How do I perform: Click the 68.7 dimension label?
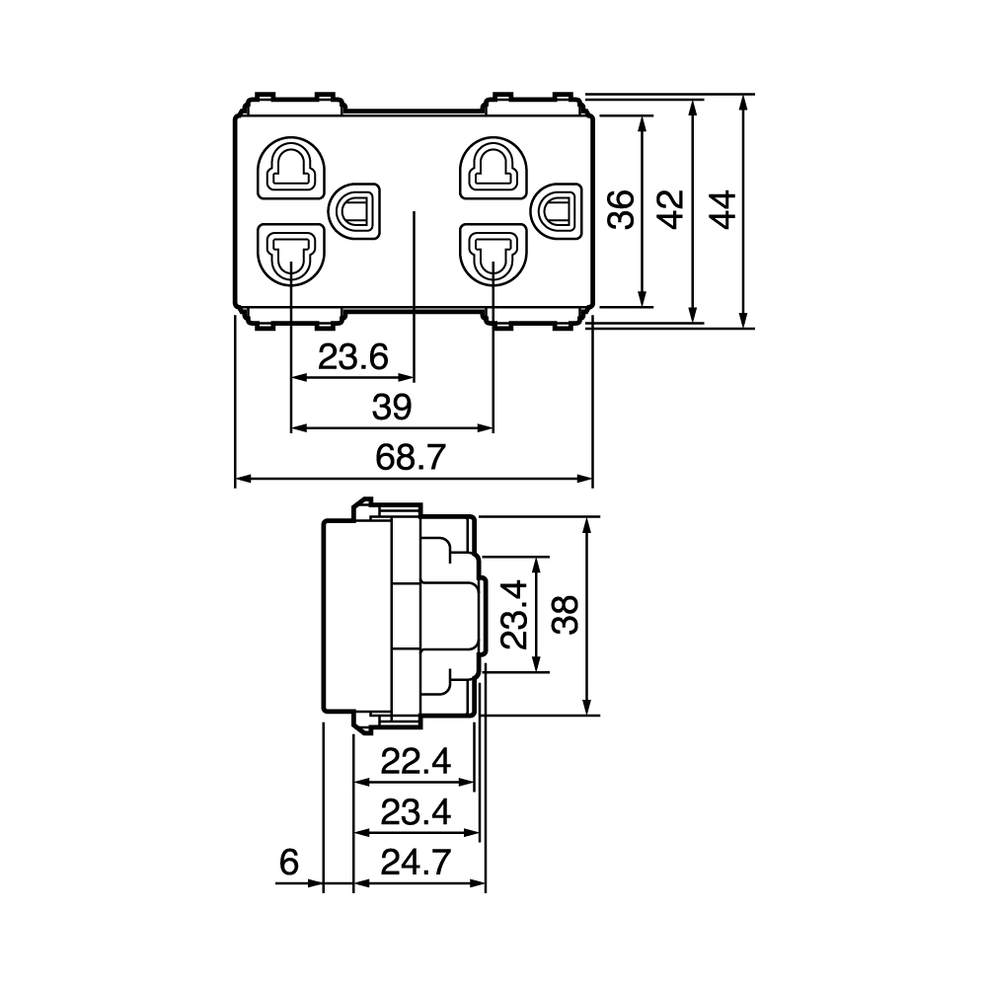411,457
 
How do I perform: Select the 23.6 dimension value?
353,357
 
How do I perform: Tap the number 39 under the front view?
392,407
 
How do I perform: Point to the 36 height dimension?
621,209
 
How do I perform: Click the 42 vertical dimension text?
671,209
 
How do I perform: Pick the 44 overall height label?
722,209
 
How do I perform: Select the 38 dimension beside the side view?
566,615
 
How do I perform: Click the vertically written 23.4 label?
514,615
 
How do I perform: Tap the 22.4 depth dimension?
416,762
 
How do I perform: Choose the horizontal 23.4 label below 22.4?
416,812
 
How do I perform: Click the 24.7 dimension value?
416,862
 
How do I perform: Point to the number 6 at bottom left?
289,862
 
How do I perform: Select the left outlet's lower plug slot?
291,254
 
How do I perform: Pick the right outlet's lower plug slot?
493,254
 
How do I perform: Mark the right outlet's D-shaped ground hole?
558,211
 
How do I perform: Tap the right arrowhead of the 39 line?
486,428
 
